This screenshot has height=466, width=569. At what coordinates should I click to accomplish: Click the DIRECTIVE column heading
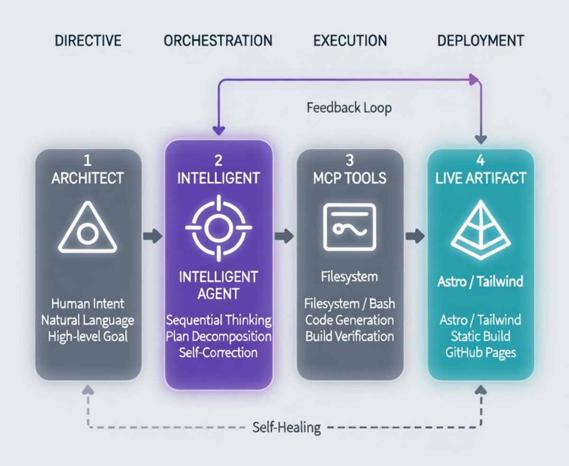[x=88, y=40]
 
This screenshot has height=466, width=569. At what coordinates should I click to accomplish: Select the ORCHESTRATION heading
[x=218, y=40]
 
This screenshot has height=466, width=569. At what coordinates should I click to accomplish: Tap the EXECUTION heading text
[x=350, y=40]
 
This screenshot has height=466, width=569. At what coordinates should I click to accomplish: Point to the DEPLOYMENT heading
[x=480, y=40]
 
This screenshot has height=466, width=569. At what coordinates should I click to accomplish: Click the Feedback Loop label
[x=349, y=108]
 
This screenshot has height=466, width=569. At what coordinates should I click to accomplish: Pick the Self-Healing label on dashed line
[x=286, y=428]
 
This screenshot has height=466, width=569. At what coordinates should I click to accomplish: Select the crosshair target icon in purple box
[x=218, y=227]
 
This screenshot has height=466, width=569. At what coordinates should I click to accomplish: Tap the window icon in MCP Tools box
[x=349, y=227]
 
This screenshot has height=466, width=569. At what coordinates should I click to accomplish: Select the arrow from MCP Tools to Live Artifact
[x=415, y=236]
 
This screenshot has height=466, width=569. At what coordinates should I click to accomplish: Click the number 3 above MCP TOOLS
[x=349, y=161]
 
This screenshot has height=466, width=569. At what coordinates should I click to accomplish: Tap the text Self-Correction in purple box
[x=218, y=352]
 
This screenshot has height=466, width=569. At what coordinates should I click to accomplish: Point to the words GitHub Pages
[x=480, y=353]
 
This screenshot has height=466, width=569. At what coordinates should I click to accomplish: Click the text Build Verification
[x=349, y=336]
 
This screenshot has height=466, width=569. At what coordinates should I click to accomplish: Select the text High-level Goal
[x=87, y=337]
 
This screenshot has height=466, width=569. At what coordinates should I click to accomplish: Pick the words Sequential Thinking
[x=218, y=320]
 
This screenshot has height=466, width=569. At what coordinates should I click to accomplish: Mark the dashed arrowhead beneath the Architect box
[x=88, y=390]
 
